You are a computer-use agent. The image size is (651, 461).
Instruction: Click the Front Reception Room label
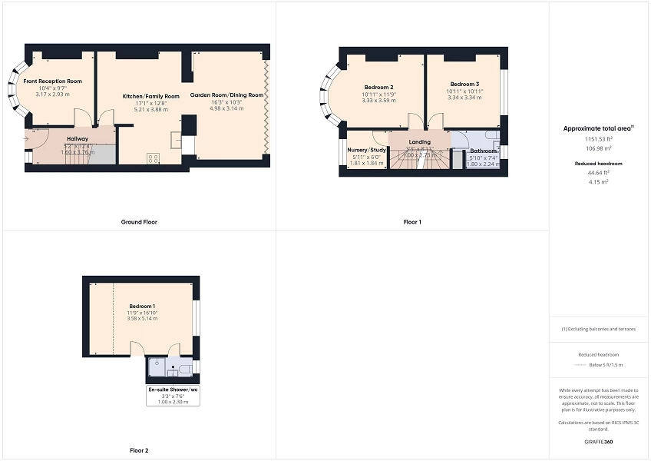(52, 81)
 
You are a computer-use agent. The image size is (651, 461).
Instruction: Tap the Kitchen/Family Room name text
(151, 96)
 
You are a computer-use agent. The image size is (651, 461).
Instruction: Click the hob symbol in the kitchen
(152, 158)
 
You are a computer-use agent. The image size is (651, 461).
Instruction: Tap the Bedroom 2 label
(378, 87)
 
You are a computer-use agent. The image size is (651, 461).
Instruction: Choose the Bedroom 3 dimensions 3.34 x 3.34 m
(464, 98)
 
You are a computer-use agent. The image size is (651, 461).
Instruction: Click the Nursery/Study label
(366, 150)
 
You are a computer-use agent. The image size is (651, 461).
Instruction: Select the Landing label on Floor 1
(420, 142)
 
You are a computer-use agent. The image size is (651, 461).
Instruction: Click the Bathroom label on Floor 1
(484, 151)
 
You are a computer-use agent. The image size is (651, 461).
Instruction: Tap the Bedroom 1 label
(142, 306)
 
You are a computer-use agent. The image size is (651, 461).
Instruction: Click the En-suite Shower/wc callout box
(173, 396)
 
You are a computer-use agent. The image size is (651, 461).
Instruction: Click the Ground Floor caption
(139, 222)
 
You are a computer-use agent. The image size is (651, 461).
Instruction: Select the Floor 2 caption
(139, 450)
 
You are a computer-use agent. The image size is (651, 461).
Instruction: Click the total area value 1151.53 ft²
(599, 140)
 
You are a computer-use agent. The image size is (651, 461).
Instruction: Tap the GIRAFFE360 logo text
(599, 442)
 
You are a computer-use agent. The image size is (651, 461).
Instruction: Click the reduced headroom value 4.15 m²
(599, 181)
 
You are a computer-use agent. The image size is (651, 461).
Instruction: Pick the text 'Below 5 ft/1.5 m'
(606, 366)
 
